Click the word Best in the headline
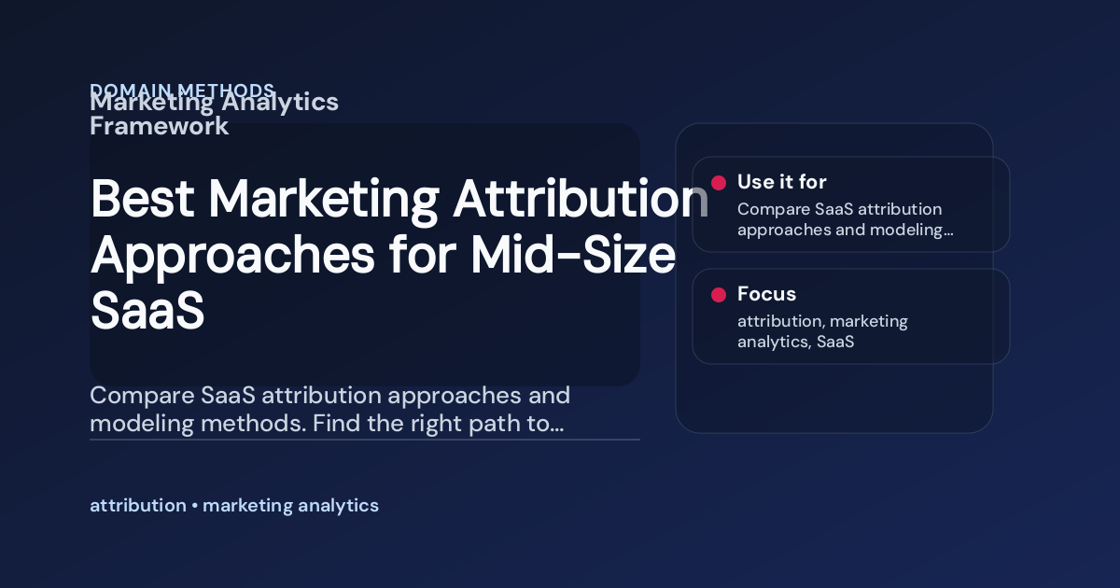click(x=141, y=199)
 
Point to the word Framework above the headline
click(x=159, y=126)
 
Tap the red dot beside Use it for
click(x=719, y=183)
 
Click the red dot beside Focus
click(x=719, y=295)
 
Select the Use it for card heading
click(x=781, y=182)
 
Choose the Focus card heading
click(x=766, y=294)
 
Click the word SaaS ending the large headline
click(x=147, y=310)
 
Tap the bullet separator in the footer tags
click(x=194, y=506)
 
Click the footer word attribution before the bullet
click(x=137, y=506)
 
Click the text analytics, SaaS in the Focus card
click(x=795, y=342)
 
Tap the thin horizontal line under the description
click(x=364, y=439)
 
